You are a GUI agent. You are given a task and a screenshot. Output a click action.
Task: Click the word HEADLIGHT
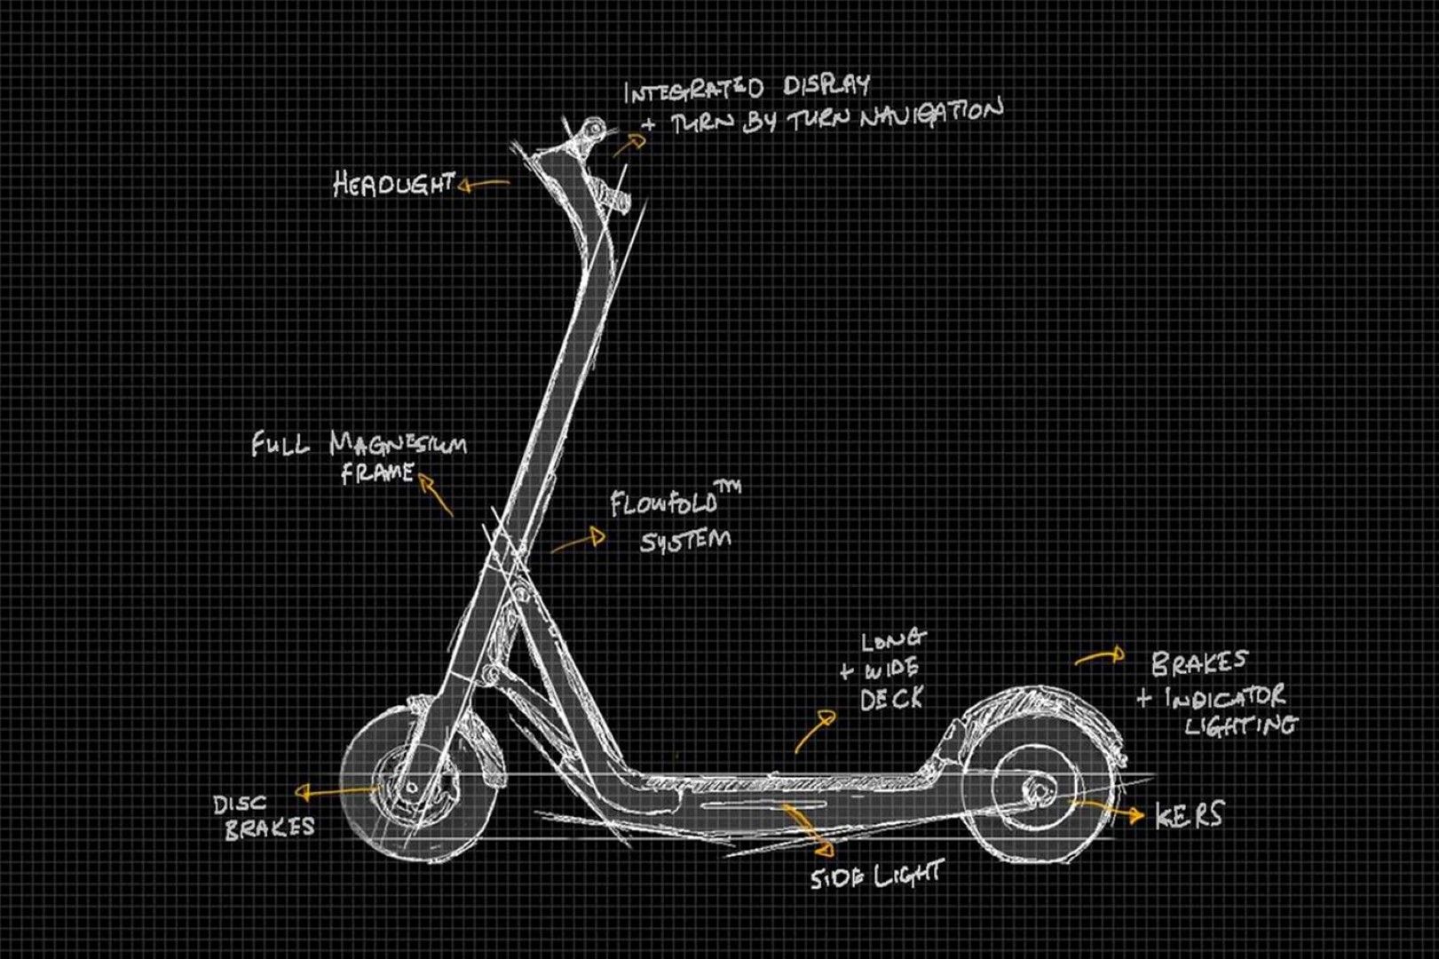394,185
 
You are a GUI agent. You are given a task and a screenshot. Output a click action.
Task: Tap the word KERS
1189,815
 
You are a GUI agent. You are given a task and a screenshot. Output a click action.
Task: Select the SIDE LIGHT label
876,875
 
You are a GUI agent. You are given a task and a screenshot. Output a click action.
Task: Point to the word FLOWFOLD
664,504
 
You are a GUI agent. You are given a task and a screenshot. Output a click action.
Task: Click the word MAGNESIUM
399,444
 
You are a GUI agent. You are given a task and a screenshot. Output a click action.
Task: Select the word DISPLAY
826,85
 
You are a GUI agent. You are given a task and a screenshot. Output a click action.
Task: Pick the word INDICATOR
1225,697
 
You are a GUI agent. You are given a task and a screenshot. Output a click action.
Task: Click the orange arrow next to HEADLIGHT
484,185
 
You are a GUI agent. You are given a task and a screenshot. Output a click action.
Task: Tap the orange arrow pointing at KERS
1106,811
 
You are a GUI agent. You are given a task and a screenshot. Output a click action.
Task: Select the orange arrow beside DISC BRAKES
338,791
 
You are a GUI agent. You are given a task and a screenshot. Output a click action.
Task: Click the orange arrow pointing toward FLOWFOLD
578,541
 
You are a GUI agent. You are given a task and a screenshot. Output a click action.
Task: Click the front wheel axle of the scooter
411,788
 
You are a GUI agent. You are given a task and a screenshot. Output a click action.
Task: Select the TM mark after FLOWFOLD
729,487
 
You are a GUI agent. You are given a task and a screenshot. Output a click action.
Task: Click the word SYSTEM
684,541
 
